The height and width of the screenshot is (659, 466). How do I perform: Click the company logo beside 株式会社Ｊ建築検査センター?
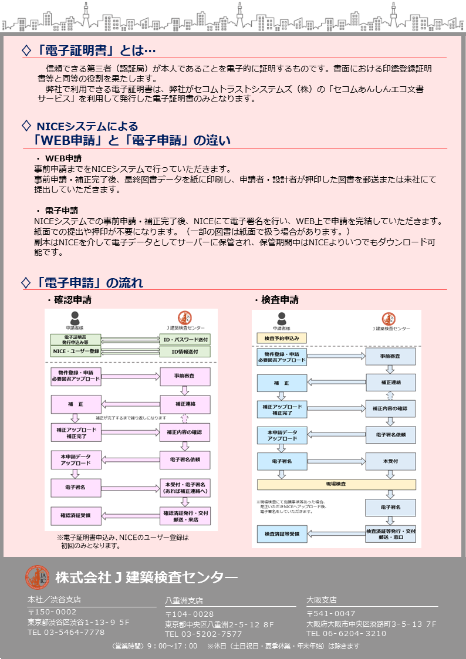point(37,577)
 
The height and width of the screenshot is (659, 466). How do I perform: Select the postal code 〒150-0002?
point(52,611)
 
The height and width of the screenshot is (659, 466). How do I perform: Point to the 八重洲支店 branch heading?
point(184,600)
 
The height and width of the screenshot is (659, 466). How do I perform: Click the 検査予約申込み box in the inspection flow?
point(282,339)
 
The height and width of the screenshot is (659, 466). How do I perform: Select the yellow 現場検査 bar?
point(336,485)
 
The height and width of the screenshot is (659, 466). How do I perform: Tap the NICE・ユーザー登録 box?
point(76,352)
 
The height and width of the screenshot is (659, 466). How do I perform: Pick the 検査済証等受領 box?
point(282,533)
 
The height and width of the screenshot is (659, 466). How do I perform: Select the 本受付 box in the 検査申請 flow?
point(390,461)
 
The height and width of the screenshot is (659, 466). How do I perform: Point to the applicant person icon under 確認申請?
point(75,317)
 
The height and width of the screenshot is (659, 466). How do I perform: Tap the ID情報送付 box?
point(185,352)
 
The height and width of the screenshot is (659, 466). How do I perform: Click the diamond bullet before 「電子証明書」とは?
point(26,50)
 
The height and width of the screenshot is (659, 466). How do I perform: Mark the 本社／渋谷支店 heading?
point(54,600)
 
